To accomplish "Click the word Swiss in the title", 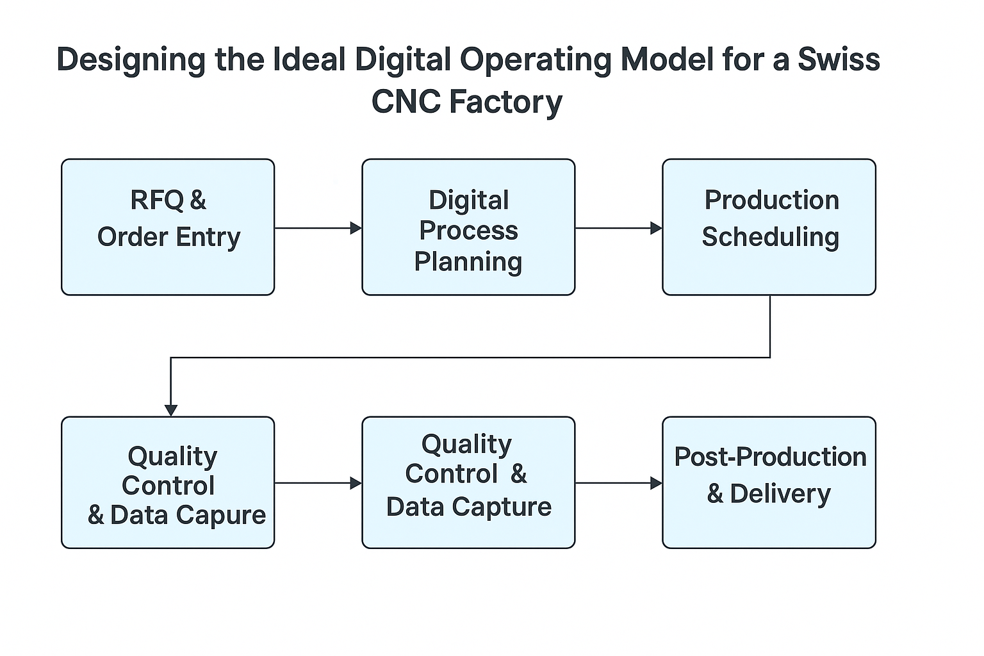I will click(839, 60).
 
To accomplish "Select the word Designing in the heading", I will click(131, 60).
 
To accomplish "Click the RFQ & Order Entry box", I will click(168, 227).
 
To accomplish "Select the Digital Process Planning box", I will click(468, 227).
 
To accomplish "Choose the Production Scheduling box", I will click(769, 227).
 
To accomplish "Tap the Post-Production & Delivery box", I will click(769, 482).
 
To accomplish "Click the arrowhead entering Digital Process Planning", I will click(356, 227).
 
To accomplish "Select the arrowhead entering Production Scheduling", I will click(656, 227).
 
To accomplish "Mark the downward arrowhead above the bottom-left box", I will click(171, 410).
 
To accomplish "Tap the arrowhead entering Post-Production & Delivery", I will click(656, 483).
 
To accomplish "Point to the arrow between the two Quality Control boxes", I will click(318, 483).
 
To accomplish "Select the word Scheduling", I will click(770, 237).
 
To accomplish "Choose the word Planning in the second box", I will click(468, 261).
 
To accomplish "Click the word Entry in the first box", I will click(208, 237).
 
